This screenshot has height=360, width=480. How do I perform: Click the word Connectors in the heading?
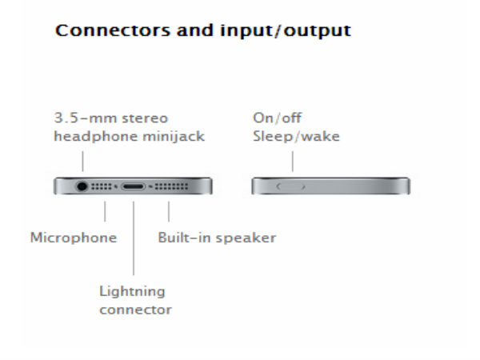pos(112,30)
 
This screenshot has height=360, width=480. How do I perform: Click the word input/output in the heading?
pos(286,30)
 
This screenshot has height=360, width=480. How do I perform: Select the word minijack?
pos(174,136)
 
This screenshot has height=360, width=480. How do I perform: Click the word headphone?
pos(94,137)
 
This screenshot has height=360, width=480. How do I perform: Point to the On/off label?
pos(277,118)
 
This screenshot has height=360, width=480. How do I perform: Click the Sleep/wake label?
pos(296,136)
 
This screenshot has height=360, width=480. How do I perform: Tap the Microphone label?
pos(74,238)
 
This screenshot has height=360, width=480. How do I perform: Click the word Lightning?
pos(132,292)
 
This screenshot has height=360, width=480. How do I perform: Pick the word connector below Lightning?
pos(135,310)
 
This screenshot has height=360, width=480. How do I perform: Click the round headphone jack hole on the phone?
pos(82,186)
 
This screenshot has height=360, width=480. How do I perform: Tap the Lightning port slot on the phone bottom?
pos(133,186)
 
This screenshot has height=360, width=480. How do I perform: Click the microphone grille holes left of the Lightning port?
pos(102,186)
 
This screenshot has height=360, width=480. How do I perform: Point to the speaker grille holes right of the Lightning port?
pos(171,186)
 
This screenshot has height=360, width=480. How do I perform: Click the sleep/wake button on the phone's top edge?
pos(290,186)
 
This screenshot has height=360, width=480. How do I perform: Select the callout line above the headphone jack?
pos(82,162)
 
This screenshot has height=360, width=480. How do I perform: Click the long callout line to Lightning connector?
pos(134,238)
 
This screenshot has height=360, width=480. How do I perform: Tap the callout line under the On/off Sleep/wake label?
pos(293,162)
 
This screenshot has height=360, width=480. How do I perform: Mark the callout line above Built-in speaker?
pos(169,211)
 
